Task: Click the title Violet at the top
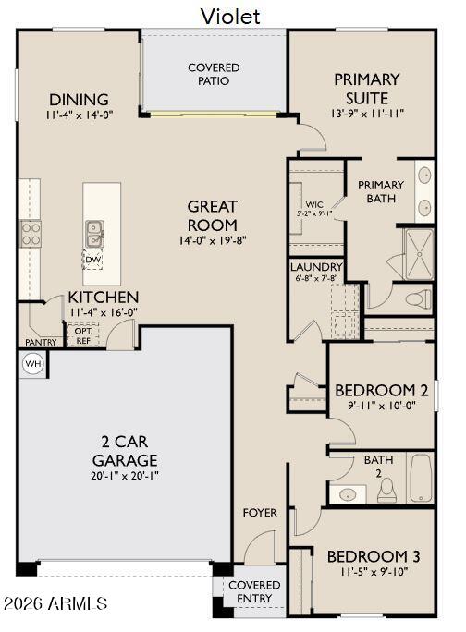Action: (230, 16)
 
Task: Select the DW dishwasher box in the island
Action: (92, 260)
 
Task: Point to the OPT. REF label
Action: (83, 335)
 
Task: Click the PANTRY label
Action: (41, 343)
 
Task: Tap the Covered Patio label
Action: (214, 74)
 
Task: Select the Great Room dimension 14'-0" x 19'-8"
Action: (213, 241)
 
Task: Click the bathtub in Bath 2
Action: (421, 479)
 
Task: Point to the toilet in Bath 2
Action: (387, 487)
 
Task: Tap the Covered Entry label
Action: (254, 591)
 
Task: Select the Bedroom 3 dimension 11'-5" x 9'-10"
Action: (373, 572)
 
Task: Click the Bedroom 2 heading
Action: (381, 389)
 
